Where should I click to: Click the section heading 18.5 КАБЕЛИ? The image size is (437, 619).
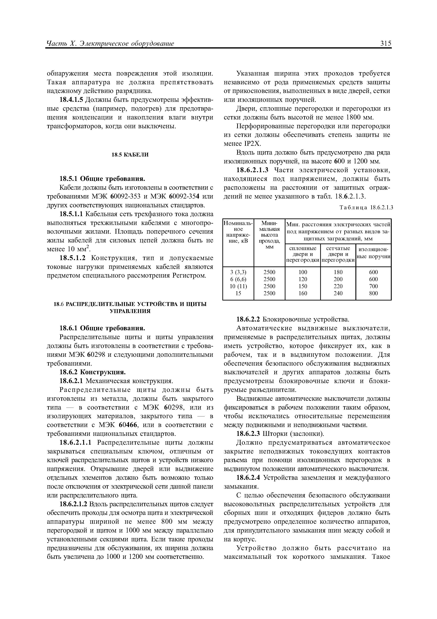tap(130, 155)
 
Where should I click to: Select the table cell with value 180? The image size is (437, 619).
tap(338, 272)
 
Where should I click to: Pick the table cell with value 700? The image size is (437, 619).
tap(373, 286)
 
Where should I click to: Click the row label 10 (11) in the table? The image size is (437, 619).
tap(238, 286)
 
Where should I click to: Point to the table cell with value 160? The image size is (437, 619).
tap(303, 293)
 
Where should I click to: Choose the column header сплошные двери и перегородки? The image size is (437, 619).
tap(303, 254)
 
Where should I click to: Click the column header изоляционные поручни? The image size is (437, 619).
tap(373, 254)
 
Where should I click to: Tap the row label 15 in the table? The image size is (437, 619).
tap(238, 293)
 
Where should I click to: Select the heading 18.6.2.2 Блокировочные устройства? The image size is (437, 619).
tap(293, 320)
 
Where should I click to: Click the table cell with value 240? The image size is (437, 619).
tap(338, 293)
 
